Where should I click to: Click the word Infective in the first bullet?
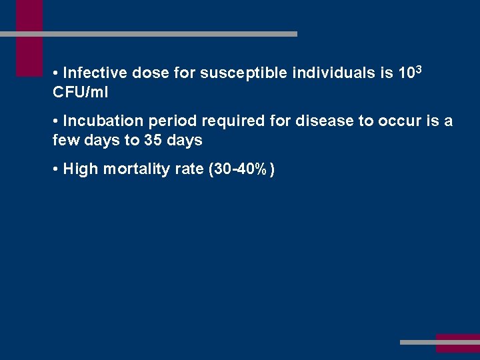pyautogui.click(x=95, y=73)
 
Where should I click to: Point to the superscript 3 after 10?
pyautogui.click(x=419, y=69)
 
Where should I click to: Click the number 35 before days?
pyautogui.click(x=153, y=141)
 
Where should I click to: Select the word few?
pyautogui.click(x=65, y=141)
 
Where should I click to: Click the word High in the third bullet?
pyautogui.click(x=79, y=169)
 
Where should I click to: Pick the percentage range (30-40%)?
pyautogui.click(x=242, y=169)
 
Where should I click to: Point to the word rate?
pyautogui.click(x=190, y=169)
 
